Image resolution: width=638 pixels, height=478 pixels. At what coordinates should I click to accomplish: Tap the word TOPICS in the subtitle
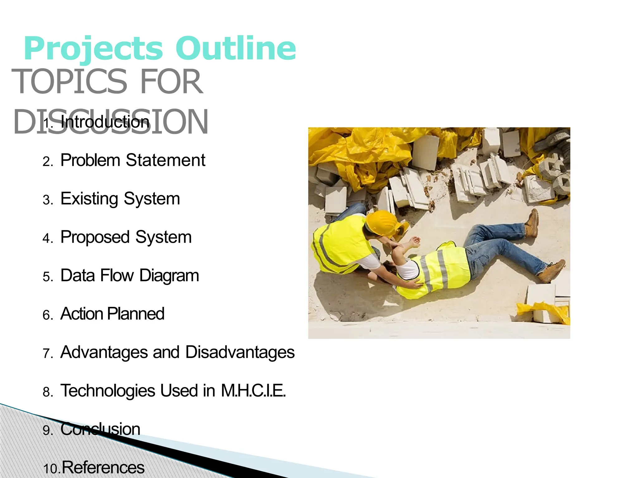69,82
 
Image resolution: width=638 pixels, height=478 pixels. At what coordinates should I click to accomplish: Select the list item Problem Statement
133,160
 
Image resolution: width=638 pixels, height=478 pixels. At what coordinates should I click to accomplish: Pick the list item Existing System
120,199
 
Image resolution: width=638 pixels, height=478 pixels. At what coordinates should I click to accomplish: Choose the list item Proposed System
126,237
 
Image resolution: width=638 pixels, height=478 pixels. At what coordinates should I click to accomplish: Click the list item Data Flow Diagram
130,275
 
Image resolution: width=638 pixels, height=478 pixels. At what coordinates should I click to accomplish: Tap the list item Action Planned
112,314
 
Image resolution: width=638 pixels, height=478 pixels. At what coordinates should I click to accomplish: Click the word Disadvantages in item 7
240,352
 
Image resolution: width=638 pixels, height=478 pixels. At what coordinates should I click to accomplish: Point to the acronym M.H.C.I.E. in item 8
253,391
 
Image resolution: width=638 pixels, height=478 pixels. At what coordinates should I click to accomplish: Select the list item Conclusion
100,429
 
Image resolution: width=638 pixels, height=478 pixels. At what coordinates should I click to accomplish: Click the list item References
103,467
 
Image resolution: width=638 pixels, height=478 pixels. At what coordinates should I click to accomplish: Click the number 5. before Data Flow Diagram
48,277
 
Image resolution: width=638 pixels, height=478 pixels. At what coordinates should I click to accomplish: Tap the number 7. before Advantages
48,354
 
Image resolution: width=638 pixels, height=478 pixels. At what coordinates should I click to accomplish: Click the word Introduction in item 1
105,122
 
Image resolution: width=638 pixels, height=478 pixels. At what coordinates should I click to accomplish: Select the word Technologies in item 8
107,391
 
